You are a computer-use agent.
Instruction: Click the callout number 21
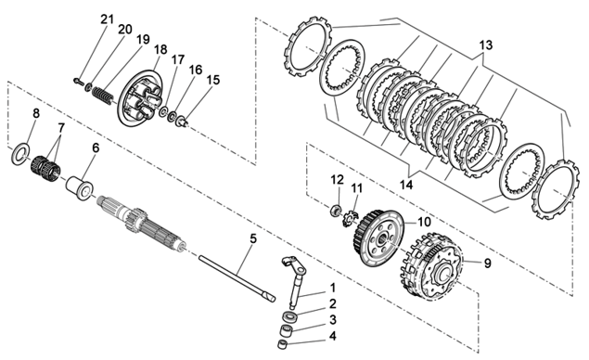[107, 19]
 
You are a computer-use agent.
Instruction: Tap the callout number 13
[485, 45]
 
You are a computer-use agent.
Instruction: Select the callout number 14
[406, 185]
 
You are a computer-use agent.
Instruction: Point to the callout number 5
[253, 238]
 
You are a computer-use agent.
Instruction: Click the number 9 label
[487, 264]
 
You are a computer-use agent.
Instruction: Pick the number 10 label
[424, 222]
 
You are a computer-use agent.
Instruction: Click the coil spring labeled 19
[102, 96]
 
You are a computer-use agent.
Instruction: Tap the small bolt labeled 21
[79, 81]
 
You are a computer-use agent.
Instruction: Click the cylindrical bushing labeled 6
[80, 186]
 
